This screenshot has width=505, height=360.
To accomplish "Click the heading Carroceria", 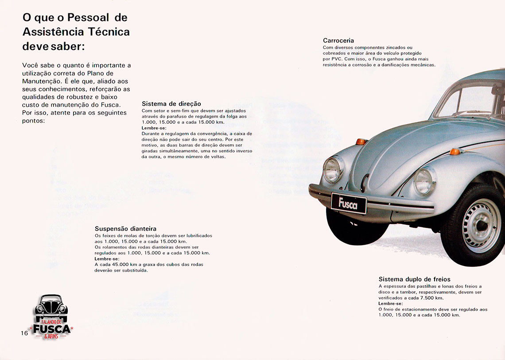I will coord(338,41).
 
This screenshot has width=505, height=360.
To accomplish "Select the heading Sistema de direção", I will coord(171,104).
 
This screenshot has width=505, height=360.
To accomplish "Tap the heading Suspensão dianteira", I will coord(125,229).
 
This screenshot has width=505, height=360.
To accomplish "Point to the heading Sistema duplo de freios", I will coord(414,279).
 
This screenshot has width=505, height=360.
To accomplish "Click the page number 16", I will coord(24,333).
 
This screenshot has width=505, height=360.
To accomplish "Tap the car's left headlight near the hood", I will coord(333,170).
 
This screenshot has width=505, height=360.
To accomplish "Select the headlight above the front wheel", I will coord(424,181).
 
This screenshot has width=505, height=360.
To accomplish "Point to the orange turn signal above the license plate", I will coord(361,142).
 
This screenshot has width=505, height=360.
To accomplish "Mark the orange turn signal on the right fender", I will coord(454,152).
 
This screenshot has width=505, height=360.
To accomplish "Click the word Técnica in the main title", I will coord(108,32).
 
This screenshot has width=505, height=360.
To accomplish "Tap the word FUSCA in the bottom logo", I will coord(52,329).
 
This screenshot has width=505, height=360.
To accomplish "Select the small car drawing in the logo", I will coord(51,306).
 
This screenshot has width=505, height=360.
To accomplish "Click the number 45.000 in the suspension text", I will coord(116,264).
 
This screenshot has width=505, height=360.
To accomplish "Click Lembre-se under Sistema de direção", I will coord(154,128).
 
